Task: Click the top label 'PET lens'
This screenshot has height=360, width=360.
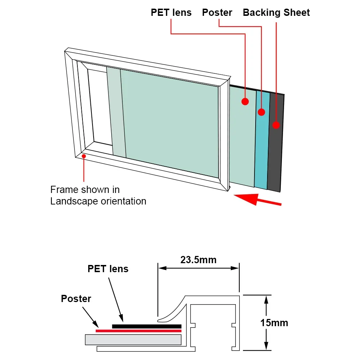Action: (171, 13)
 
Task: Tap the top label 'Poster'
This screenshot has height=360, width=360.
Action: (217, 13)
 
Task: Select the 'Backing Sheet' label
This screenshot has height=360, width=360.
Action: (276, 13)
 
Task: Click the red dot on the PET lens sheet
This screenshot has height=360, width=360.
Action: (245, 102)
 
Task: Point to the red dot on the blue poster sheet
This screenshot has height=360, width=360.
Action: (261, 112)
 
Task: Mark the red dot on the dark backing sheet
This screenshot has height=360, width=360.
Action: (276, 125)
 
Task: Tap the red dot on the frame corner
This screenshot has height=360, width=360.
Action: (84, 156)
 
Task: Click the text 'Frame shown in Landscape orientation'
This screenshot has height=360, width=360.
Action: (98, 195)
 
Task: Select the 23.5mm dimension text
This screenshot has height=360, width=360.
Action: (198, 260)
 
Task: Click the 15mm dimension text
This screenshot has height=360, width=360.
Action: (274, 323)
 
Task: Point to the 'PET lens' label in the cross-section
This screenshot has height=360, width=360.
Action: (108, 269)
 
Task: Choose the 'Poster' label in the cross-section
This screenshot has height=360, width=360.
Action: (76, 298)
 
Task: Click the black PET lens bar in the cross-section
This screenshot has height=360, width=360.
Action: (147, 326)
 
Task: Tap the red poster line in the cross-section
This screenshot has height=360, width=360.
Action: (139, 330)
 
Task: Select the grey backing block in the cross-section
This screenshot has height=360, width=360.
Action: (133, 339)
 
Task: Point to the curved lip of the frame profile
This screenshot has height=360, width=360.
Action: (173, 311)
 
